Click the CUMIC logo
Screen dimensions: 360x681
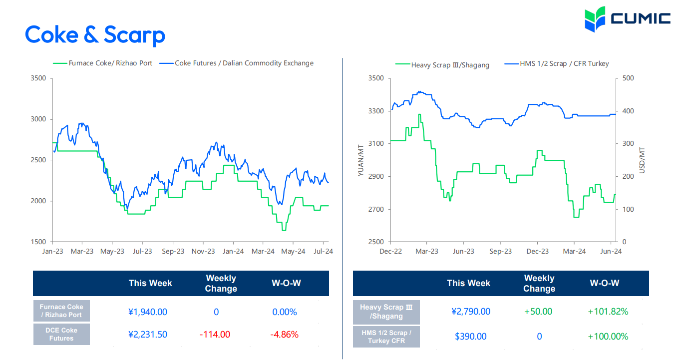pyautogui.click(x=627, y=19)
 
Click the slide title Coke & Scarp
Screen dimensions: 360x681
pyautogui.click(x=95, y=34)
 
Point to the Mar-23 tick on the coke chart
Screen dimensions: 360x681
pyautogui.click(x=82, y=251)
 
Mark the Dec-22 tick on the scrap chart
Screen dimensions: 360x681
pyautogui.click(x=390, y=251)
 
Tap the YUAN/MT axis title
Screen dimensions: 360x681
pyautogui.click(x=360, y=160)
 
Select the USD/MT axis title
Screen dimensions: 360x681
pyautogui.click(x=642, y=160)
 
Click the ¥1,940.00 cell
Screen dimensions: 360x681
pyautogui.click(x=147, y=312)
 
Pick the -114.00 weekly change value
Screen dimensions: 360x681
pyautogui.click(x=215, y=335)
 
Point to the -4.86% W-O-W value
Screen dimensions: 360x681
pyautogui.click(x=284, y=335)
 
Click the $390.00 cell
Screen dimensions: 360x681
pyautogui.click(x=470, y=337)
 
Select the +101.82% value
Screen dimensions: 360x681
pyautogui.click(x=608, y=312)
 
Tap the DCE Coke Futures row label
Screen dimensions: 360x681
pyautogui.click(x=61, y=335)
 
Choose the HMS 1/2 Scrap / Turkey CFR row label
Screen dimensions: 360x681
pyautogui.click(x=386, y=337)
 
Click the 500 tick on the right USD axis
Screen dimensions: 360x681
pyautogui.click(x=628, y=78)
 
